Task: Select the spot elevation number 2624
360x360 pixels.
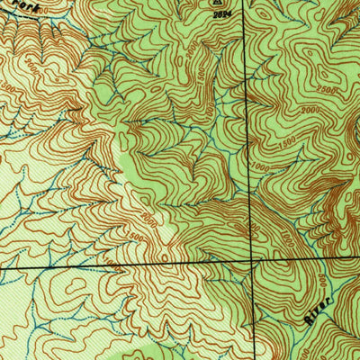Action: (x=220, y=14)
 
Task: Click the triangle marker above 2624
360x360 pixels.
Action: (x=217, y=4)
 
